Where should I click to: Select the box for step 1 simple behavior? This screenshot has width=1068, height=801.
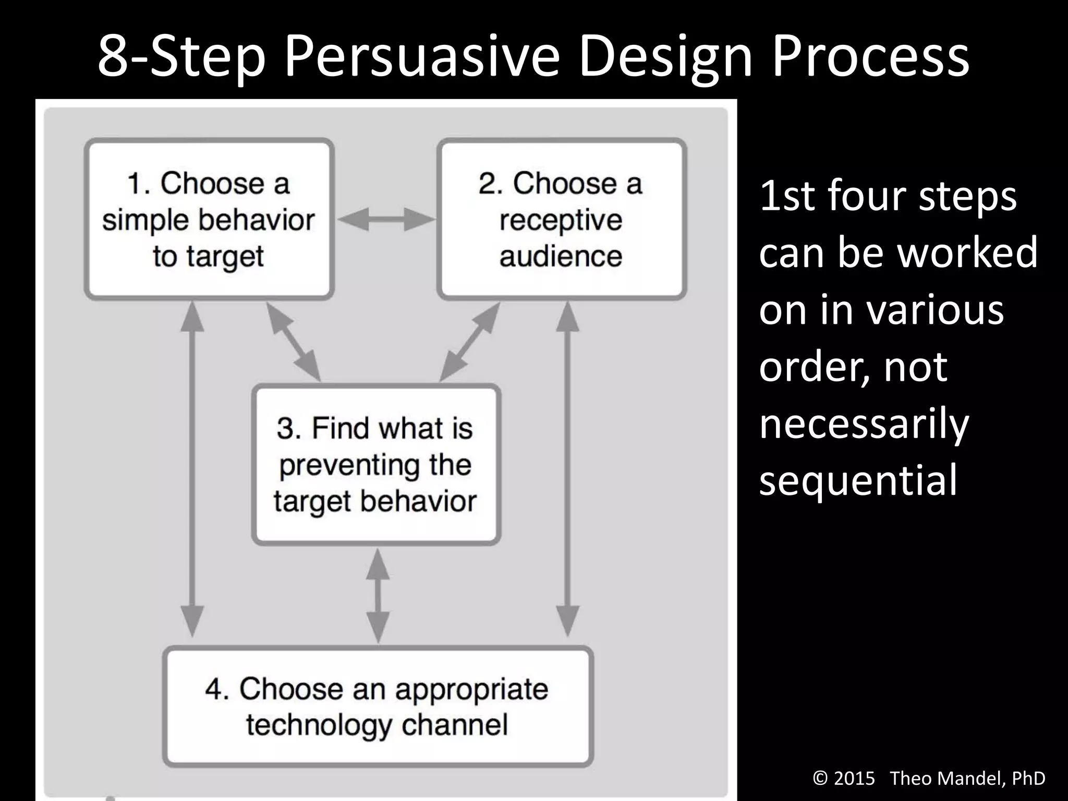[209, 219]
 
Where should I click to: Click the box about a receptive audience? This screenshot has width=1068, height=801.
[561, 219]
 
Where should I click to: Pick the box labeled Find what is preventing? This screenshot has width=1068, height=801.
[375, 464]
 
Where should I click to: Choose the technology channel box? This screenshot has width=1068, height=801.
[378, 706]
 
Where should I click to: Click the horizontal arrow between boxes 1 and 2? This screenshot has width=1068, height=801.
[386, 220]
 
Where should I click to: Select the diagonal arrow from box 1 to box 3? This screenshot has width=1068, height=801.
[294, 342]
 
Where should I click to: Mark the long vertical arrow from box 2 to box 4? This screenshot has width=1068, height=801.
[567, 469]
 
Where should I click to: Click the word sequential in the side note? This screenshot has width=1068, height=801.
[858, 480]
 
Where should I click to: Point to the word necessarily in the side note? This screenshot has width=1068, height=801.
[864, 423]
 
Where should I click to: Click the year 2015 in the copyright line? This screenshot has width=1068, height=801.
[854, 778]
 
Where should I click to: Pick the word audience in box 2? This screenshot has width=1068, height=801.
[561, 256]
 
